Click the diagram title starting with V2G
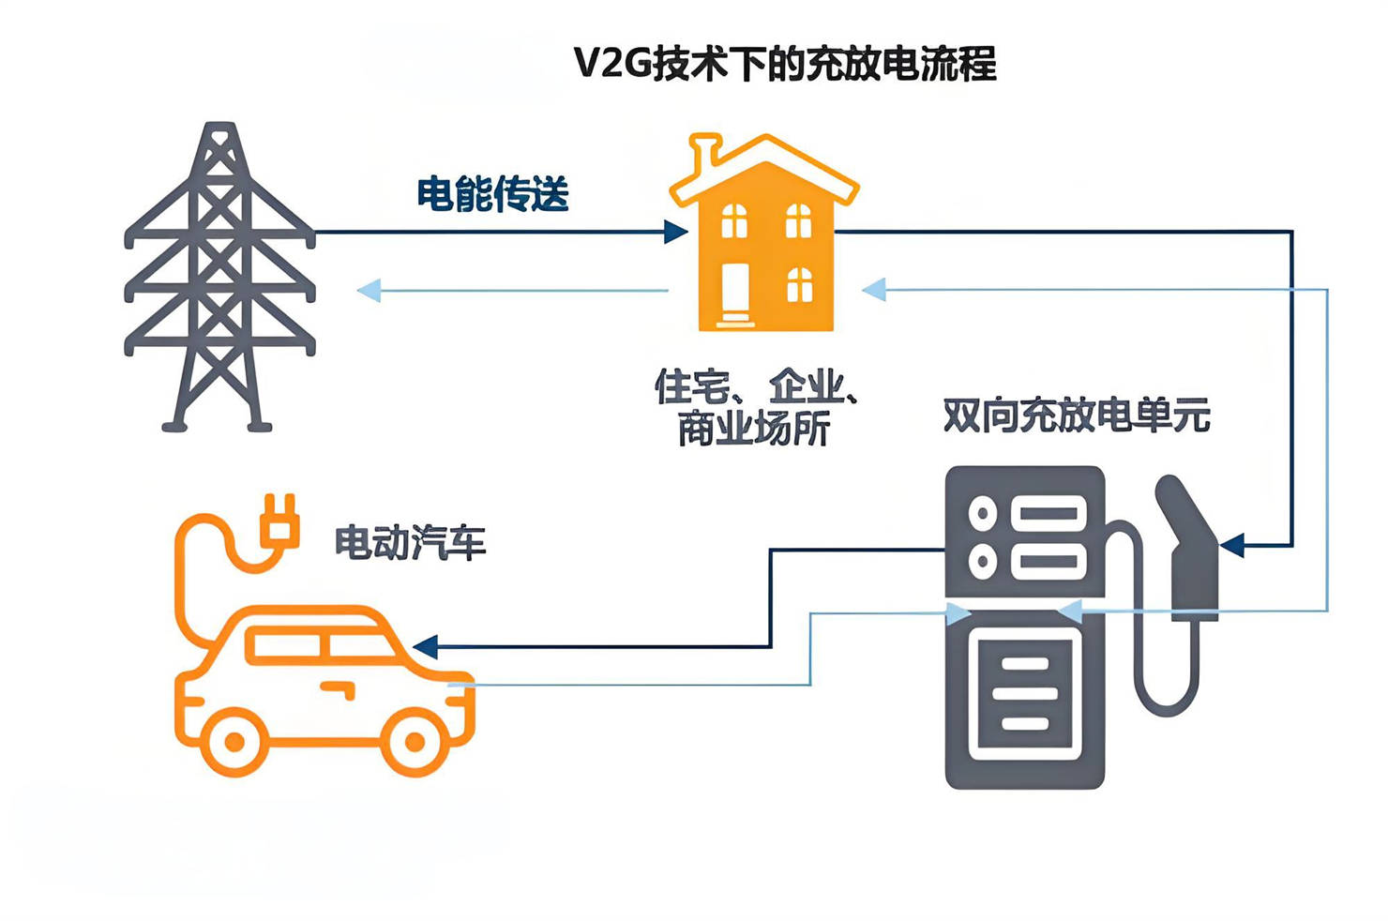(x=784, y=65)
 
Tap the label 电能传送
(x=492, y=194)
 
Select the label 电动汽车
(x=411, y=543)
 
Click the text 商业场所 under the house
(x=754, y=430)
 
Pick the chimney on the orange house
(x=702, y=157)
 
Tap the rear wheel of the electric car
(x=234, y=742)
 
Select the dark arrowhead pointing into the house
(x=676, y=232)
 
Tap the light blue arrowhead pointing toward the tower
(x=369, y=291)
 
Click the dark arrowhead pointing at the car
(x=425, y=646)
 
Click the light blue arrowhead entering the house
(x=873, y=290)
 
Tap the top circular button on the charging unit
(x=982, y=513)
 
